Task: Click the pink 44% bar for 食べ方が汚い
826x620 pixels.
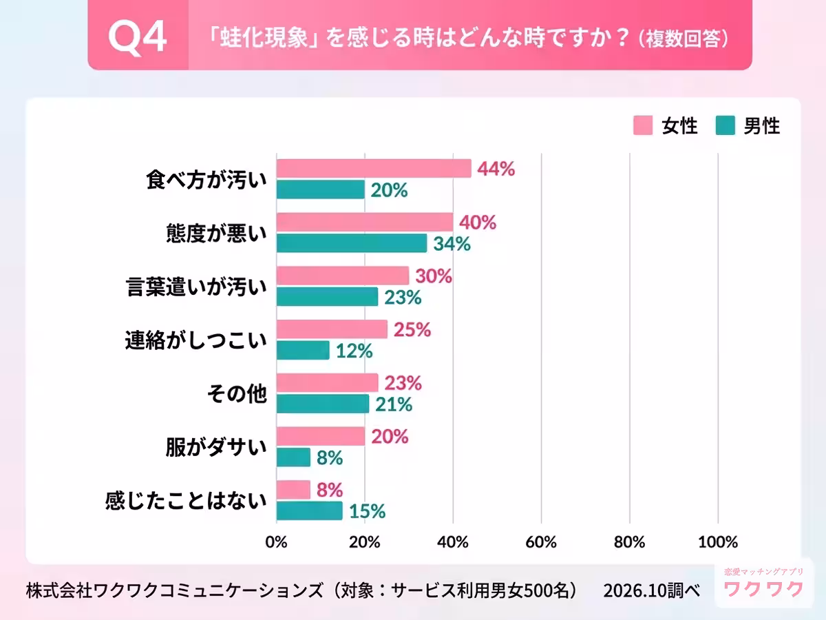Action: [x=374, y=168]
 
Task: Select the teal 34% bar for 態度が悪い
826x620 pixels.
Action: [x=352, y=243]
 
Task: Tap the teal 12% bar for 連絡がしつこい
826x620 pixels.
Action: [x=303, y=350]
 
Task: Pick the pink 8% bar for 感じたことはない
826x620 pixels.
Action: [x=293, y=489]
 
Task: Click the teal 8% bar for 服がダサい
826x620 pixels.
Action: [x=293, y=457]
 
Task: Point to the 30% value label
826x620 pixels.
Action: [x=434, y=276]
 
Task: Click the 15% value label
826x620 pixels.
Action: [x=368, y=511]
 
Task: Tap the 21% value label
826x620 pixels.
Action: [x=394, y=404]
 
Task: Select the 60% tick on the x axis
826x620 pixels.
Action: [x=541, y=542]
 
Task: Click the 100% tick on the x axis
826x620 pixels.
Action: [x=718, y=542]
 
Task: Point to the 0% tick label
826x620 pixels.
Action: [x=276, y=542]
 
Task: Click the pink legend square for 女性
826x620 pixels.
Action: [x=643, y=125]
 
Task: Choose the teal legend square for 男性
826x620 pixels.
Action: [x=725, y=125]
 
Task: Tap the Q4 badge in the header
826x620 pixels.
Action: [x=138, y=37]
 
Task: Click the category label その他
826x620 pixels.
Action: [x=237, y=394]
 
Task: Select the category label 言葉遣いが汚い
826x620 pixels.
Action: [x=196, y=287]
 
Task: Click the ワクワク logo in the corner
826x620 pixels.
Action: [x=764, y=583]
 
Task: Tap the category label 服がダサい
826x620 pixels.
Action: [x=216, y=448]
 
